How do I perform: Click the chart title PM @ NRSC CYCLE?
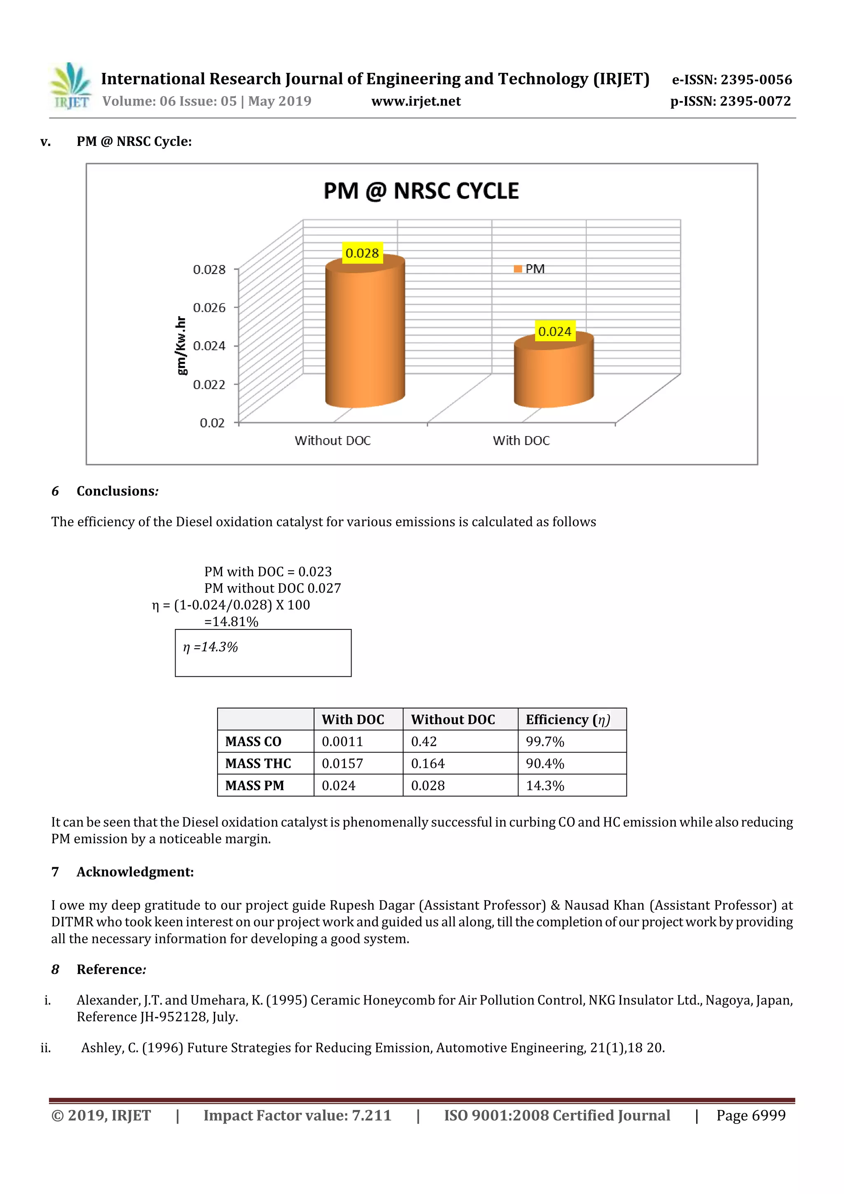pyautogui.click(x=421, y=191)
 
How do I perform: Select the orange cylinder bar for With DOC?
pyautogui.click(x=553, y=372)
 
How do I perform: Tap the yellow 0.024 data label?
pyautogui.click(x=554, y=331)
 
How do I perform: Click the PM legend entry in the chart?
pyautogui.click(x=530, y=269)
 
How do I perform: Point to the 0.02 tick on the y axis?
pyautogui.click(x=212, y=423)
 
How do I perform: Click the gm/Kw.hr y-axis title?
pyautogui.click(x=181, y=345)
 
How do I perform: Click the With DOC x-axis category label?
pyautogui.click(x=520, y=441)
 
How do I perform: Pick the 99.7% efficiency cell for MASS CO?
pyautogui.click(x=544, y=741)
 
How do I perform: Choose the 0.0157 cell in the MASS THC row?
pyautogui.click(x=342, y=763)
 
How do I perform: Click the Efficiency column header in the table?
pyautogui.click(x=567, y=719)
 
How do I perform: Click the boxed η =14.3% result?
pyautogui.click(x=211, y=647)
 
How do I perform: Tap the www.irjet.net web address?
pyautogui.click(x=415, y=101)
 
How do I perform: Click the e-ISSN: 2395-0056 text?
pyautogui.click(x=731, y=80)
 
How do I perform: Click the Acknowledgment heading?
pyautogui.click(x=135, y=872)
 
